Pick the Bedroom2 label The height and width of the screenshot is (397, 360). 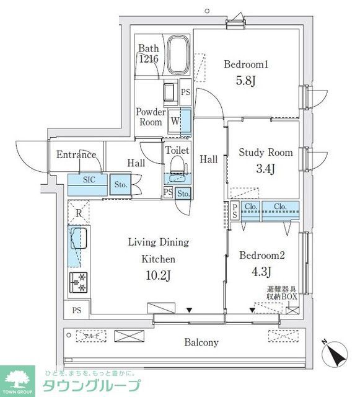click(x=261, y=254)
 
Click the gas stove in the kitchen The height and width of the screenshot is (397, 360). click(x=79, y=282)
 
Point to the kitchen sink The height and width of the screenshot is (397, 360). click(x=79, y=239)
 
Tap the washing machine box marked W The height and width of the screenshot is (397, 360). click(x=174, y=122)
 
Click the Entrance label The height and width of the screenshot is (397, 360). click(x=76, y=155)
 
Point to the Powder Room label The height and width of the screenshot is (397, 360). click(x=151, y=117)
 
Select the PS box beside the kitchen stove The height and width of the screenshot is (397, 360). click(x=76, y=310)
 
